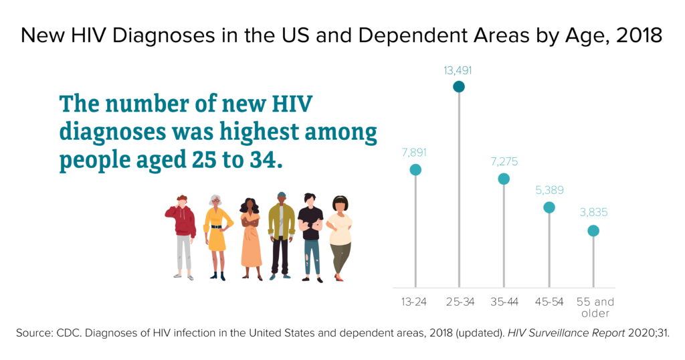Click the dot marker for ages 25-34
click(x=458, y=86)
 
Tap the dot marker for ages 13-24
click(x=415, y=170)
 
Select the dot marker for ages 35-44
click(x=504, y=179)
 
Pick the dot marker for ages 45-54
click(x=549, y=207)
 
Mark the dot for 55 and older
click(x=593, y=231)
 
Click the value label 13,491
click(x=458, y=69)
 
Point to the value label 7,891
click(x=415, y=153)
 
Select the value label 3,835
click(x=593, y=213)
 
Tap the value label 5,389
click(x=549, y=190)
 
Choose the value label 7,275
click(x=504, y=161)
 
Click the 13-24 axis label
click(x=413, y=302)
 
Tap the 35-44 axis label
click(x=504, y=302)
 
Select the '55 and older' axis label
click(x=595, y=307)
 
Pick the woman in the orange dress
click(x=250, y=238)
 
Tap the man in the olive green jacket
click(x=281, y=234)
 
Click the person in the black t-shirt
click(x=310, y=234)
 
